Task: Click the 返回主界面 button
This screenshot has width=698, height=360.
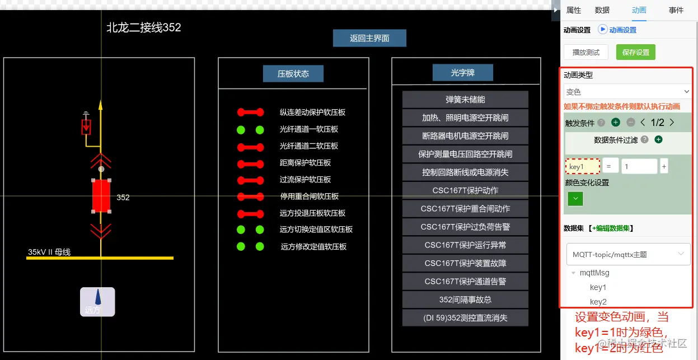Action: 369,38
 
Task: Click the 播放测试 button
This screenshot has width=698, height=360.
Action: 585,52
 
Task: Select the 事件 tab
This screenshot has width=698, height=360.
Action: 676,10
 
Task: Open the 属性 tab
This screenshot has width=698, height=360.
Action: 574,10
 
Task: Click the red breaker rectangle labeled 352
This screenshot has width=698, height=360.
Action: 101,196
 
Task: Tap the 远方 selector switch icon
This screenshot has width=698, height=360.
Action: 97,302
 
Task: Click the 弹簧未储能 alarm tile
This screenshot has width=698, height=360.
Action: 465,100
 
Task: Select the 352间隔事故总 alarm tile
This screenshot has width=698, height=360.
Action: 465,300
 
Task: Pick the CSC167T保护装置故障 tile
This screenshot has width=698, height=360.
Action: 465,263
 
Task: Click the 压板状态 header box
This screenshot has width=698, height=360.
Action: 293,73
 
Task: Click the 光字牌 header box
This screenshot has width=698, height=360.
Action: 462,73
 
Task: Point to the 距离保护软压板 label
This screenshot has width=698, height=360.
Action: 305,162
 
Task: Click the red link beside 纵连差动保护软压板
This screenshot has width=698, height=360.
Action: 250,112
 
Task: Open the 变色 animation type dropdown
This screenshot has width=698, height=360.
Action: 627,91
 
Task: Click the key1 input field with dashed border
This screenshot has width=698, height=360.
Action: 583,166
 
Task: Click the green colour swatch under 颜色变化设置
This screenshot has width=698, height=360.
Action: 575,198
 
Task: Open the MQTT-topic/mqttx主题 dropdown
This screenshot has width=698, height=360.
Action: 627,254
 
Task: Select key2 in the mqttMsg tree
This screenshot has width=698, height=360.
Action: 598,302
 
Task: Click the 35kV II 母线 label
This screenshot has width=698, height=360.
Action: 49,252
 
